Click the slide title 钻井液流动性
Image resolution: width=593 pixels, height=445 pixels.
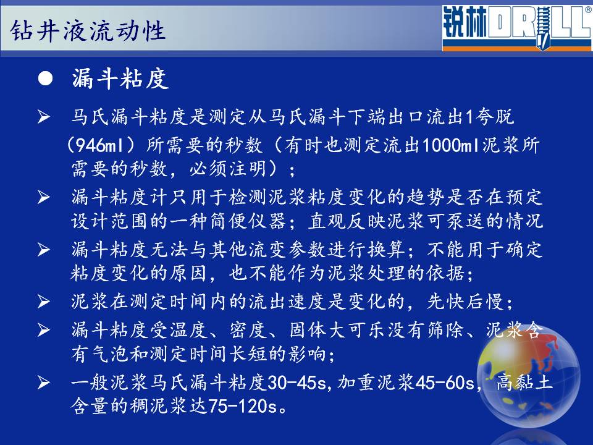(88, 31)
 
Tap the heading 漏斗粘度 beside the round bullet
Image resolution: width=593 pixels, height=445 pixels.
(120, 78)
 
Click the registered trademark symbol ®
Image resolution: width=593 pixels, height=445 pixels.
(589, 10)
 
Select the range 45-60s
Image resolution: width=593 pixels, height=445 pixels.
(445, 383)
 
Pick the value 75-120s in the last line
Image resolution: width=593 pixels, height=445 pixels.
(242, 406)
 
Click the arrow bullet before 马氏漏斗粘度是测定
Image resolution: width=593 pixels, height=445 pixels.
(43, 117)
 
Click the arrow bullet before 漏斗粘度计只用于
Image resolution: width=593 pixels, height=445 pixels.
(43, 197)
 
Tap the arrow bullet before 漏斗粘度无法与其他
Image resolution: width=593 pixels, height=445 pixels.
(43, 249)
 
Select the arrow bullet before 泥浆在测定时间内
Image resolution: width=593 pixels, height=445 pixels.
(43, 302)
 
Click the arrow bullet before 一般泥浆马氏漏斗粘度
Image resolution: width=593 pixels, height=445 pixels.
(43, 383)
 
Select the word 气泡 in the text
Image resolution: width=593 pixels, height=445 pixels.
(111, 354)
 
